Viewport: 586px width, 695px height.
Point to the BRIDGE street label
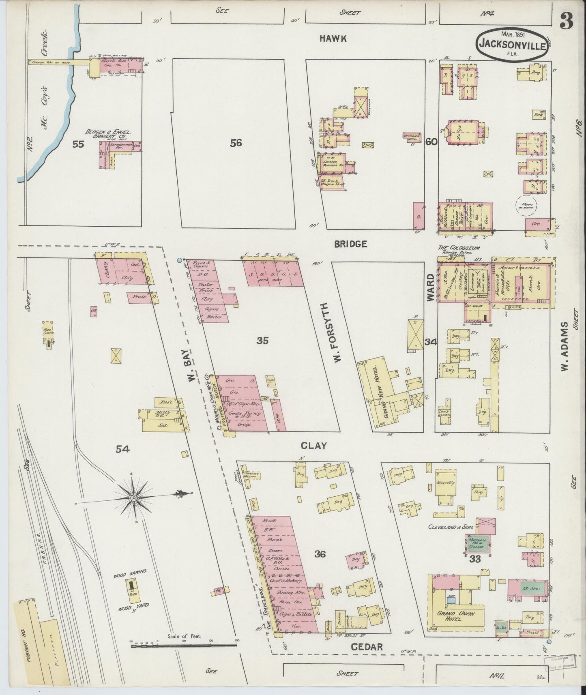click(x=351, y=244)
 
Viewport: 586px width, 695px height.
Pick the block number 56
click(x=236, y=143)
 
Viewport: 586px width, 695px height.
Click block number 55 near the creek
click(x=78, y=144)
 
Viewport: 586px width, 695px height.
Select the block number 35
click(x=262, y=341)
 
